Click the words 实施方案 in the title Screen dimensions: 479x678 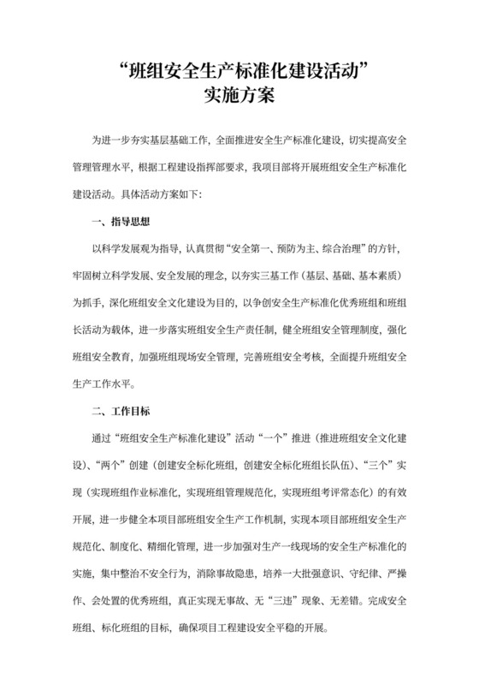239,95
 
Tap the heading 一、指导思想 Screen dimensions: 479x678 121,221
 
